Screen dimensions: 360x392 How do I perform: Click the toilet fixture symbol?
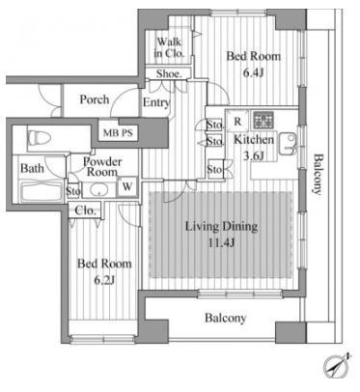[40, 139]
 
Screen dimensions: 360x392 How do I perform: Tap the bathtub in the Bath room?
[41, 192]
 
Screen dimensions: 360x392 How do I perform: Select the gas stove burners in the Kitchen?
[263, 120]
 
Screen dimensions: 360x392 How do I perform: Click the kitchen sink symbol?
[288, 144]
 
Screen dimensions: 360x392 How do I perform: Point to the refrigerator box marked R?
[237, 121]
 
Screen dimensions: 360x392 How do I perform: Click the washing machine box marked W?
[127, 186]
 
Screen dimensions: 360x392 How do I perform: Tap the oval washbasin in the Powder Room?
[99, 189]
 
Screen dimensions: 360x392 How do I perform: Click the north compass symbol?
[337, 367]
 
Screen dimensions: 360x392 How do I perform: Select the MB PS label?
[118, 132]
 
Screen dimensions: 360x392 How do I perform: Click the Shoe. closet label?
[169, 73]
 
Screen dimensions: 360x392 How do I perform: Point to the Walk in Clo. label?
[169, 47]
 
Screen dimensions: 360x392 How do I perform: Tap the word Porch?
[95, 99]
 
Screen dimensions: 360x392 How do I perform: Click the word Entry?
[156, 102]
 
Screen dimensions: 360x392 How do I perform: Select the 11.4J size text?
[221, 242]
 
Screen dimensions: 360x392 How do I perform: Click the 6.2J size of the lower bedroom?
[104, 280]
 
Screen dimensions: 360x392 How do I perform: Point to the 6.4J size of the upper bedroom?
[253, 73]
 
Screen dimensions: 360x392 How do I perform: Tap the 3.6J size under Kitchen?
[253, 156]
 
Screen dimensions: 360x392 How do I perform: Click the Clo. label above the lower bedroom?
[85, 210]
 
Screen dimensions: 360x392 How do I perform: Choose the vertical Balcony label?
[318, 175]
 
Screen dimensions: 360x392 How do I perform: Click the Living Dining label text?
[222, 227]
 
